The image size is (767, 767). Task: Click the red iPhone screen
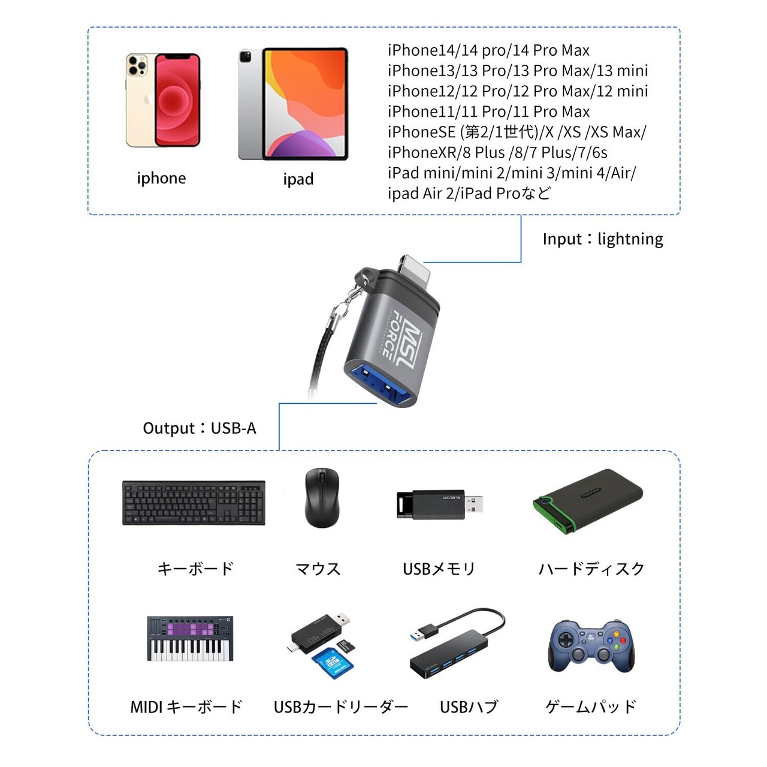pyautogui.click(x=177, y=99)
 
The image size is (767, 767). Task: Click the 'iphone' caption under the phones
pyautogui.click(x=161, y=179)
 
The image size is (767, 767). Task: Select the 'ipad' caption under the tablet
pyautogui.click(x=298, y=179)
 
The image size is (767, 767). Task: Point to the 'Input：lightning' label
pyautogui.click(x=603, y=239)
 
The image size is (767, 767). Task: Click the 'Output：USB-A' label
pyautogui.click(x=200, y=428)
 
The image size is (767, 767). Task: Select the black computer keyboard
pyautogui.click(x=194, y=503)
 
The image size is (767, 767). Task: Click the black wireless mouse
pyautogui.click(x=322, y=497)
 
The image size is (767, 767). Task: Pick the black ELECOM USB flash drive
pyautogui.click(x=439, y=505)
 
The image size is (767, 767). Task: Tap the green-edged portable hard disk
pyautogui.click(x=587, y=501)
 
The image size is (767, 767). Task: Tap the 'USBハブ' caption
pyautogui.click(x=469, y=707)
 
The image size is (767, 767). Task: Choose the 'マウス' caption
pyautogui.click(x=318, y=569)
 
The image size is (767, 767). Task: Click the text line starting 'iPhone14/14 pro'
pyautogui.click(x=488, y=50)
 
